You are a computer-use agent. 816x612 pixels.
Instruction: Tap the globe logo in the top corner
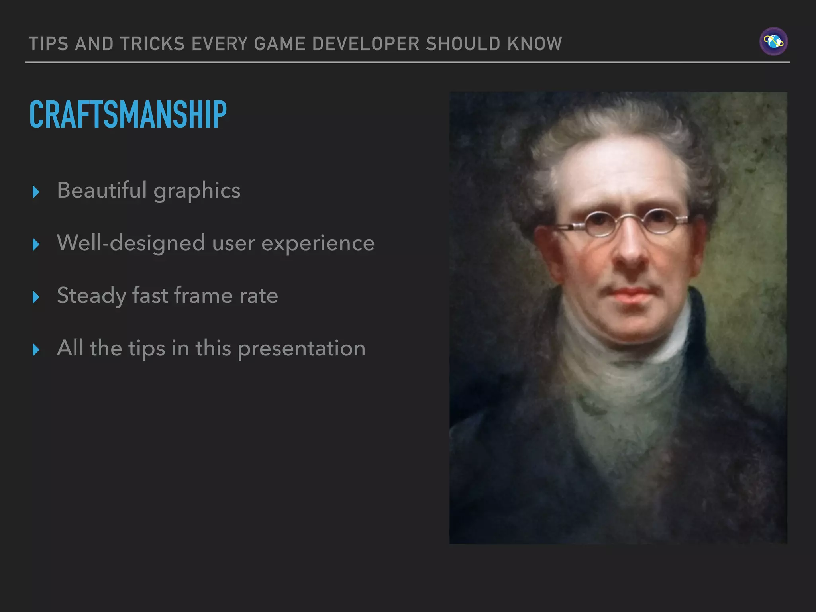(773, 41)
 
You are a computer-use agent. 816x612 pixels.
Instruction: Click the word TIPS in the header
(49, 44)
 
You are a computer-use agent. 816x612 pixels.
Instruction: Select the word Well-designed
(131, 243)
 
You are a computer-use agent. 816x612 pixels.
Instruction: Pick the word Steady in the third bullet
(91, 296)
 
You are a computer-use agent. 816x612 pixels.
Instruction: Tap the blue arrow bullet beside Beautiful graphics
(36, 192)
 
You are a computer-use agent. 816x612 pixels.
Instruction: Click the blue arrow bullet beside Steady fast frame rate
(36, 297)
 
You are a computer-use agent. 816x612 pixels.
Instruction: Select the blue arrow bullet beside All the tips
(36, 350)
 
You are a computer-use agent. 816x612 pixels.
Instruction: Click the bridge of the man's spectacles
(629, 218)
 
